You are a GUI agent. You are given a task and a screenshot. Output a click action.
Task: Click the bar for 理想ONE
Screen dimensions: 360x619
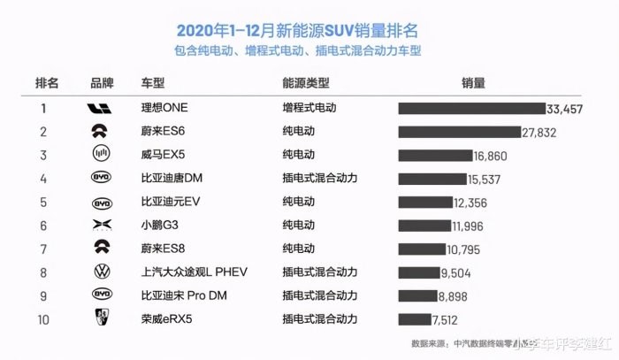[471, 108]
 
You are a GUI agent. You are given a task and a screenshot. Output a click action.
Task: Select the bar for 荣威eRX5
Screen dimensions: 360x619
[414, 319]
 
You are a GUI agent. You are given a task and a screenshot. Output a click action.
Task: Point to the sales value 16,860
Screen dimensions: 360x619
[490, 155]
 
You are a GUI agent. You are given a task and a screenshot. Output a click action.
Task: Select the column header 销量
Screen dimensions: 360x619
[473, 83]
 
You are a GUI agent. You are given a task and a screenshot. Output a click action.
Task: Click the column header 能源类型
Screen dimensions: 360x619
[305, 83]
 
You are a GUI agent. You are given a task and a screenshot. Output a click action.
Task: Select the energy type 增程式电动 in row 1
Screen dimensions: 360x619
[309, 108]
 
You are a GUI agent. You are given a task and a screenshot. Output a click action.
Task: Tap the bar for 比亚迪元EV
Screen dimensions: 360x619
[424, 203]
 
